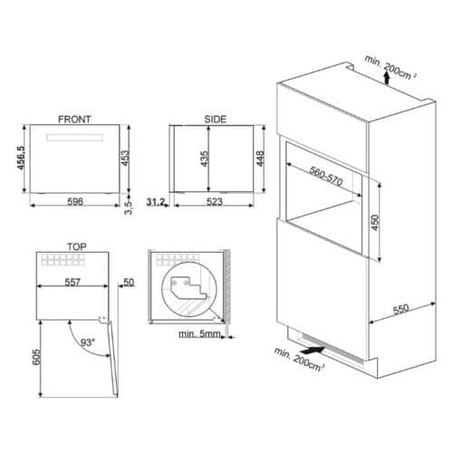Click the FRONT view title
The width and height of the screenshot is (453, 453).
(x=73, y=119)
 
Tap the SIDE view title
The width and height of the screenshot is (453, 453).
(x=216, y=119)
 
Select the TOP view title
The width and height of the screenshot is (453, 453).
(x=76, y=246)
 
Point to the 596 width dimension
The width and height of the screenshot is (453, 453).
(x=76, y=201)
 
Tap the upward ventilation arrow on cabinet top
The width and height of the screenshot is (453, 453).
(x=387, y=80)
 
